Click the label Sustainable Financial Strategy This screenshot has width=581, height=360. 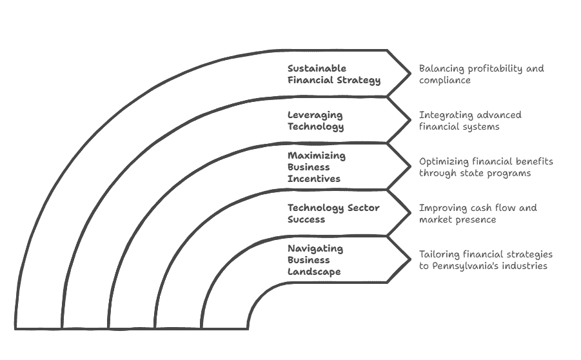[x=334, y=74]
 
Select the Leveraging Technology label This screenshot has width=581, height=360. [x=316, y=121]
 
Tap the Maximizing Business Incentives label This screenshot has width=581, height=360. [x=317, y=167]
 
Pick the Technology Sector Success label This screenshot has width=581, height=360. [x=333, y=214]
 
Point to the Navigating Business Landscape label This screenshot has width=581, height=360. [x=315, y=260]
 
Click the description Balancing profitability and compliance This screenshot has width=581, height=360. [x=481, y=74]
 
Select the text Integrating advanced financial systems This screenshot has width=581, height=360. [x=470, y=121]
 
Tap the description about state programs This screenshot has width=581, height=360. [x=486, y=167]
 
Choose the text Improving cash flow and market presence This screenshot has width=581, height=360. [x=478, y=214]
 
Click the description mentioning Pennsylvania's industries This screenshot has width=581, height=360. [x=486, y=260]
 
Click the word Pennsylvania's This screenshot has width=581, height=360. [x=466, y=266]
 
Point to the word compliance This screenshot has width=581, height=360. [x=445, y=81]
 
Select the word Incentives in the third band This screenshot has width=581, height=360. [x=314, y=179]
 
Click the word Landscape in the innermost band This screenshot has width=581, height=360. [x=314, y=272]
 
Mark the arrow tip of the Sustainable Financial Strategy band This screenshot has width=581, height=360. [x=410, y=74]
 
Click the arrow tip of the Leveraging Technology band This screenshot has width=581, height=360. [x=410, y=120]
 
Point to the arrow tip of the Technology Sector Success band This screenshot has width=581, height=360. [x=410, y=213]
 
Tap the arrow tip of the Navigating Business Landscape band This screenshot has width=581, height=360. [x=410, y=259]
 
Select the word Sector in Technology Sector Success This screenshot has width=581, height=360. [x=363, y=208]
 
